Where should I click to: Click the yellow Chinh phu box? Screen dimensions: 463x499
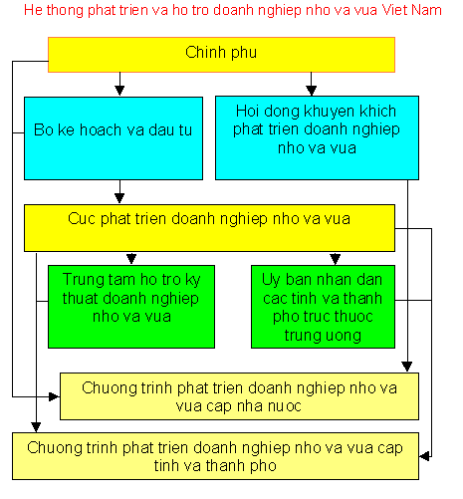221,55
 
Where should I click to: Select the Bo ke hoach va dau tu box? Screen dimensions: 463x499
114,138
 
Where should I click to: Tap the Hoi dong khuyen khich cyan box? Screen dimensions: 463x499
317,138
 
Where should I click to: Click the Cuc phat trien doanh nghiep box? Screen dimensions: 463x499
209,228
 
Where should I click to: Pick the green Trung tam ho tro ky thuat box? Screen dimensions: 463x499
131,307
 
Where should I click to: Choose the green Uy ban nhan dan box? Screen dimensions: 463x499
323,307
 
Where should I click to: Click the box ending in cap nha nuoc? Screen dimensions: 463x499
239,396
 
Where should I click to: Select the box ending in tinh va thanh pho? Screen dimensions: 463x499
215,456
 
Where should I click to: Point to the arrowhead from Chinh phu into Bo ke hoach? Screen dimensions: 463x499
119,91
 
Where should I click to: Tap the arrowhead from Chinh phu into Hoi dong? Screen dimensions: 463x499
311,91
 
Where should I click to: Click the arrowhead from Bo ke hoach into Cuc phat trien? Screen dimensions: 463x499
119,198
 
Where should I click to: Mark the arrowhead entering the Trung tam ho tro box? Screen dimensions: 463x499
131,259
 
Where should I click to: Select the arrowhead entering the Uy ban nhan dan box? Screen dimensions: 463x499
335,259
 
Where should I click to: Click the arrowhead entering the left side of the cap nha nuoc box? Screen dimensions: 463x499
54,396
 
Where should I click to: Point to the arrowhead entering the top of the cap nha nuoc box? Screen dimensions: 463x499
407,367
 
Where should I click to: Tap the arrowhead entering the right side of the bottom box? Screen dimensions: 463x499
425,456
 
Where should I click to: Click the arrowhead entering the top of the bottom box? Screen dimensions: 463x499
36,426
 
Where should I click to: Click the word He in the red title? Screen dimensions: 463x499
33,10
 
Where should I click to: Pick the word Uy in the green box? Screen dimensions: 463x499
271,281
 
